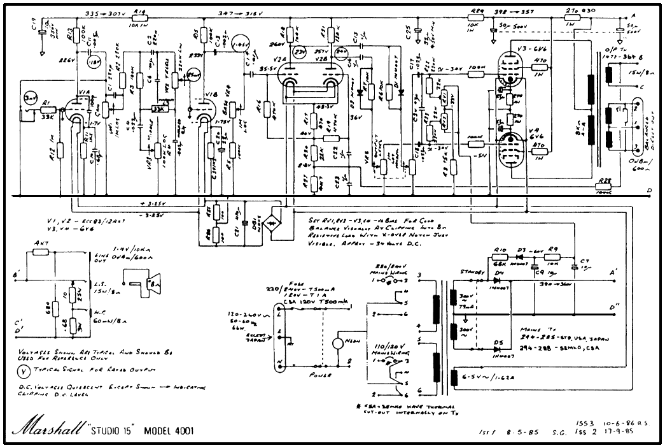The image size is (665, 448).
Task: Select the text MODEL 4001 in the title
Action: coord(169,430)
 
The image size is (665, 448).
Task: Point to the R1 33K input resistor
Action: coord(46,110)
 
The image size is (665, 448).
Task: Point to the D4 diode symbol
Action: coord(500,281)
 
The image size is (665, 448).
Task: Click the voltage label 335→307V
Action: coord(105,12)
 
